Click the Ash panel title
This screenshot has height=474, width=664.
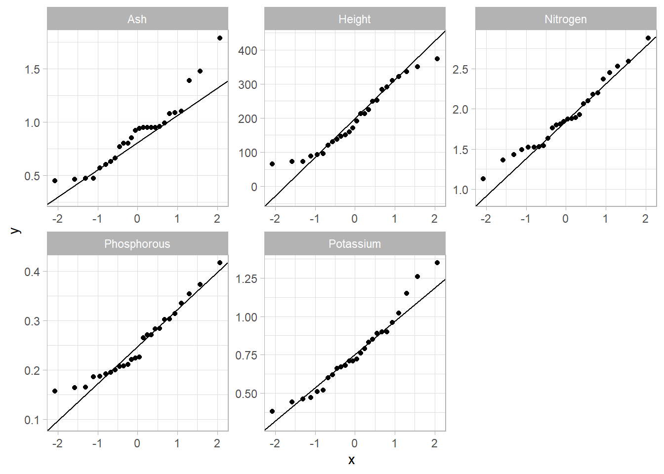(137, 19)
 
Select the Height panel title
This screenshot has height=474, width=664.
(354, 19)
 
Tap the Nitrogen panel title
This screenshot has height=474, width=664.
(565, 19)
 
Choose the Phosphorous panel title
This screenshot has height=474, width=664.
(137, 244)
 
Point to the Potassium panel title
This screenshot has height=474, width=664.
(354, 244)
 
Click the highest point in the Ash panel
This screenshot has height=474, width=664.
(220, 38)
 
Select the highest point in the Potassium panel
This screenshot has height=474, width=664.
(437, 263)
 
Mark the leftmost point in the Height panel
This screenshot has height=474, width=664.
(272, 164)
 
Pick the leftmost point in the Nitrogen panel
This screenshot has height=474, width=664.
(483, 179)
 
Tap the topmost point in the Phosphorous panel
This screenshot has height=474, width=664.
(220, 263)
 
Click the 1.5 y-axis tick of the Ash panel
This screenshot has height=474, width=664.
(32, 70)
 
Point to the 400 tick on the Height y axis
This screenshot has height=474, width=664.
(248, 50)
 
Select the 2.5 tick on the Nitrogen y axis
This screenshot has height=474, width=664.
(460, 70)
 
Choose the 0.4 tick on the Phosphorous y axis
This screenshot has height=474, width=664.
(32, 272)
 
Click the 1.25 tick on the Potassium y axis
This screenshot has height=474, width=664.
(246, 279)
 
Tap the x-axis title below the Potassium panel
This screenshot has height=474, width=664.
(351, 460)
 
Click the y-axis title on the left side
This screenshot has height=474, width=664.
(15, 230)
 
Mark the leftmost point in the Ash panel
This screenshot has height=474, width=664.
(55, 181)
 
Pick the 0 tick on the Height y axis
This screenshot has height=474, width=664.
(254, 187)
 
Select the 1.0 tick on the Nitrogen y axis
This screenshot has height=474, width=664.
(460, 190)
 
